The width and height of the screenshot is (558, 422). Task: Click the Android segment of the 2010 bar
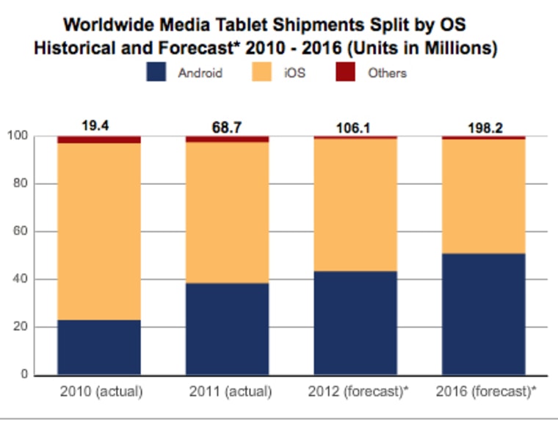pos(99,347)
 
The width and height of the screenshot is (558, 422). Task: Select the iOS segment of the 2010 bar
pos(99,231)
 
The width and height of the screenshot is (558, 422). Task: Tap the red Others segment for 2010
pos(99,139)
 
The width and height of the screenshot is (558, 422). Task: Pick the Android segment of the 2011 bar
pos(227,329)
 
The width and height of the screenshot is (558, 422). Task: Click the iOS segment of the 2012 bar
pos(355,205)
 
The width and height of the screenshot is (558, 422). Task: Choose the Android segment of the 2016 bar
pos(483,314)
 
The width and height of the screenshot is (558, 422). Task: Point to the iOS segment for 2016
pos(483,196)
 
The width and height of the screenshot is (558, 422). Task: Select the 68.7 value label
pos(227,128)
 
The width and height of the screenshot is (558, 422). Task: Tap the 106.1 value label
pos(355,128)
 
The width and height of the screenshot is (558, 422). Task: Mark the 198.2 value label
pos(483,128)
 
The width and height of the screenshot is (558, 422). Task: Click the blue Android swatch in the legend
pos(157,72)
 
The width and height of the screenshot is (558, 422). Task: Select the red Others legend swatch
pos(345,72)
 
